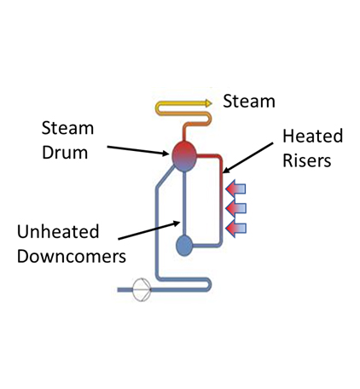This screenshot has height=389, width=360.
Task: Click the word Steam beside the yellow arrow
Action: point(249,101)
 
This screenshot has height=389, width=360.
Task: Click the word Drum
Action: point(65,153)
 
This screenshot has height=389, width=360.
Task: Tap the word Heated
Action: point(312,136)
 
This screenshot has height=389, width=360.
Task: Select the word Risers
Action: point(307,160)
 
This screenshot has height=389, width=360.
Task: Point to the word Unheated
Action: point(58,231)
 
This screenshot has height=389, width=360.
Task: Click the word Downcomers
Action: point(72,256)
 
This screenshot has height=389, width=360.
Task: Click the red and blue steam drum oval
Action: point(184,156)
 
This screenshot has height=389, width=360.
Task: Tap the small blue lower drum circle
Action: point(184,246)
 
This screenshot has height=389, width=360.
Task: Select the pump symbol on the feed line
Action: point(142,290)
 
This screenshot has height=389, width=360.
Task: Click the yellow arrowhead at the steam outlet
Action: point(209,103)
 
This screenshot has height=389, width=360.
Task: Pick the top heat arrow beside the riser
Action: point(235,189)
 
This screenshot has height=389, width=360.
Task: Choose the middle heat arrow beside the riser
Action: point(235,208)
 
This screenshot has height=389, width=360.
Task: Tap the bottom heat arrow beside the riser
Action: point(235,229)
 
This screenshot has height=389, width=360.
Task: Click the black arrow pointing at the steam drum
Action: point(138,150)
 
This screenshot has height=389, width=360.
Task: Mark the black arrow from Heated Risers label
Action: point(247,158)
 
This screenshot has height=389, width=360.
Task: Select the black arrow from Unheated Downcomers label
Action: point(149,230)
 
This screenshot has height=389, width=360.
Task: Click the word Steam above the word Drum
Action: point(67,128)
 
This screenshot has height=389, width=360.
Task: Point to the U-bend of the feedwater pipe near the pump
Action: point(208,285)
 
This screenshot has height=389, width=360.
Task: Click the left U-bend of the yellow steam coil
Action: point(159,108)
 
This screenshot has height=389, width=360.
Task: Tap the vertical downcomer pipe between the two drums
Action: point(184,203)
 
